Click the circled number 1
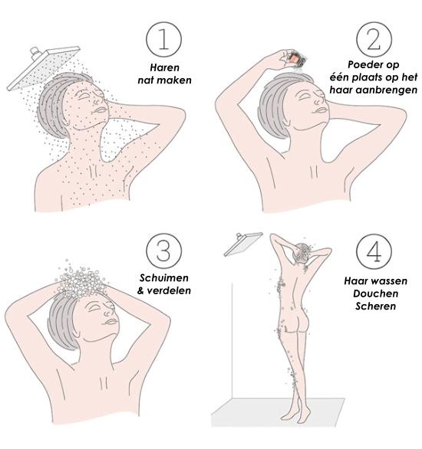pyautogui.click(x=163, y=40)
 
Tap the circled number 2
pyautogui.click(x=374, y=40)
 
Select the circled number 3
pyautogui.click(x=163, y=251)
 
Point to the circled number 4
pyautogui.click(x=374, y=251)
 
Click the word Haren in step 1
pyautogui.click(x=164, y=68)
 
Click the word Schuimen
pyautogui.click(x=164, y=278)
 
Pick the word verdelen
pyautogui.click(x=169, y=291)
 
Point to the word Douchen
pyautogui.click(x=375, y=293)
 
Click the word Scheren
pyautogui.click(x=375, y=306)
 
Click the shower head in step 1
pyautogui.click(x=43, y=68)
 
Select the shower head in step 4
pyautogui.click(x=243, y=244)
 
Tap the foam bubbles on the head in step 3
pyautogui.click(x=81, y=281)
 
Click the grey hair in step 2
pyautogui.click(x=277, y=104)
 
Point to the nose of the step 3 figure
pyautogui.click(x=109, y=310)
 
